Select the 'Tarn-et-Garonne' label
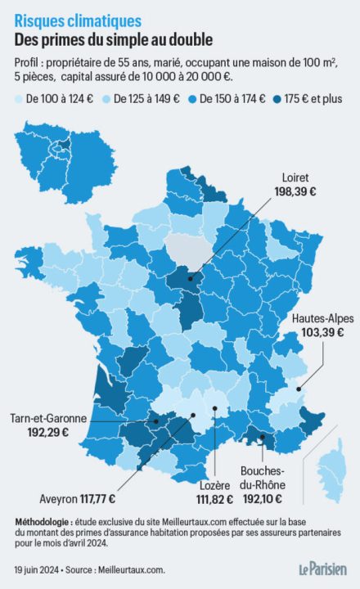[48, 419]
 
